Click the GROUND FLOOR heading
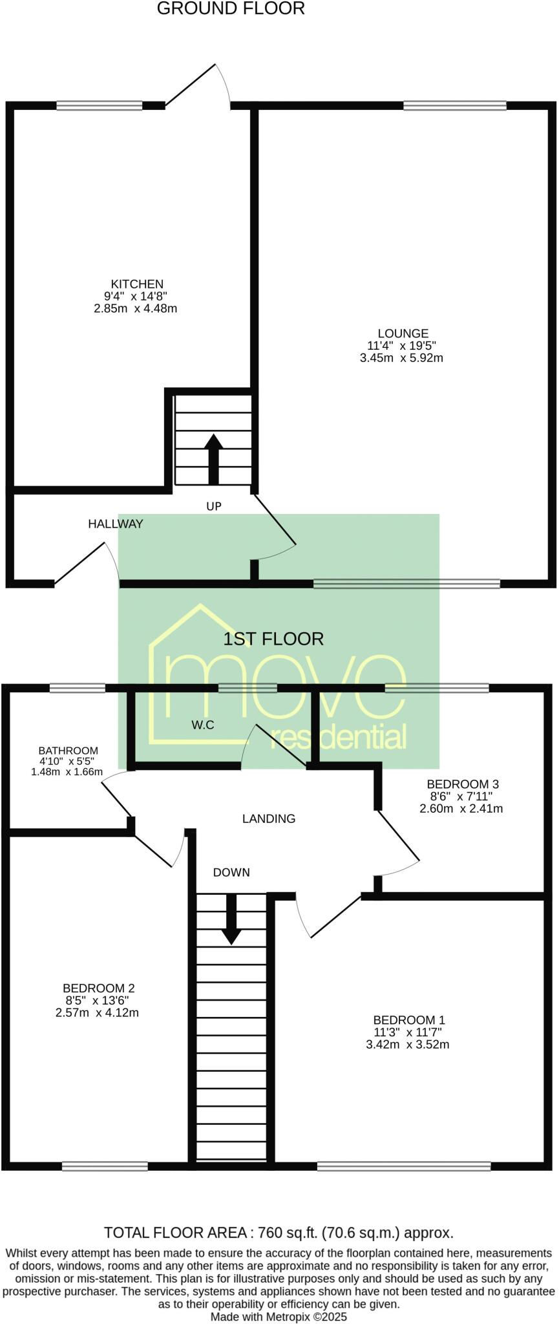click(231, 9)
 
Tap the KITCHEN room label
click(137, 284)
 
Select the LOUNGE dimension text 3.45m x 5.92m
click(401, 358)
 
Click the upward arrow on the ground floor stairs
click(214, 458)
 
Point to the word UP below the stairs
click(214, 507)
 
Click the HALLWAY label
click(116, 524)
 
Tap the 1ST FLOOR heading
click(273, 639)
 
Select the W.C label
click(202, 725)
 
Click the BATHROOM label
click(68, 751)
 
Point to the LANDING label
click(269, 819)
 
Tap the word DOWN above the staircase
click(231, 873)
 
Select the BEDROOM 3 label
click(463, 784)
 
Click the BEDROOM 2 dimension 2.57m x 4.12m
click(98, 1012)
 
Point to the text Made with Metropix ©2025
click(279, 1317)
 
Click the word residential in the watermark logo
click(338, 738)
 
